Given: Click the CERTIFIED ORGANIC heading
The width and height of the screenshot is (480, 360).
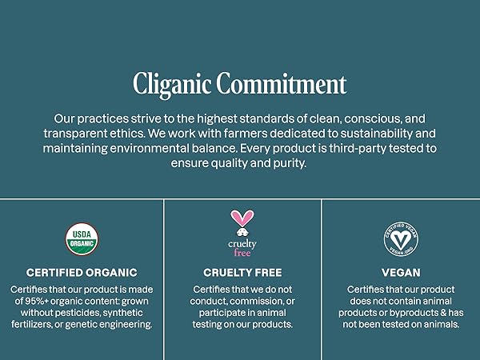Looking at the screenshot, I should click(82, 273).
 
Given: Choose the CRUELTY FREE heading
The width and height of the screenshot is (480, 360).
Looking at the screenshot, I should click(242, 273).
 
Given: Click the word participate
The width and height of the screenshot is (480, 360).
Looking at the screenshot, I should click(215, 313).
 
